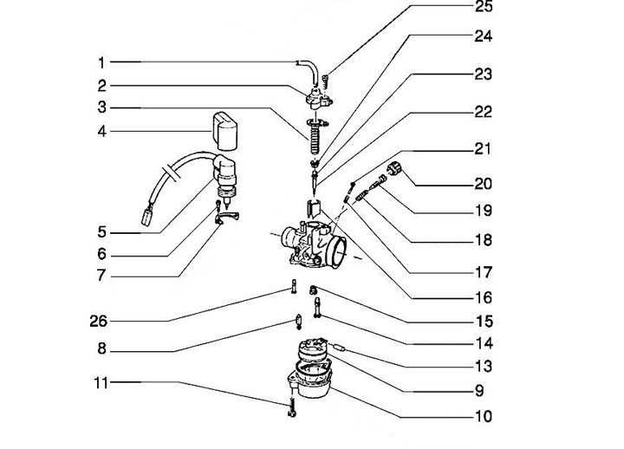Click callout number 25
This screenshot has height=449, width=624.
point(484,6)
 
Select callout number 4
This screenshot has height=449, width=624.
point(102,132)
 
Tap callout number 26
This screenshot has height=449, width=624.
point(98,321)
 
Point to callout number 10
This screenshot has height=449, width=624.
point(484,416)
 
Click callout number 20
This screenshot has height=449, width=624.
point(483,184)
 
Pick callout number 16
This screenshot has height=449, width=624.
point(484,297)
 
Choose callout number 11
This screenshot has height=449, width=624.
point(101,383)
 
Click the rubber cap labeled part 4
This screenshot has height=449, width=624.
point(225,131)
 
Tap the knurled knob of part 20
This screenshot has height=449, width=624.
point(394,169)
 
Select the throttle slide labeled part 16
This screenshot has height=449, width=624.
point(314,209)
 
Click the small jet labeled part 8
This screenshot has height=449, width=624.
point(297,322)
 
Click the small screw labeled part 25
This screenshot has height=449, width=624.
point(326,82)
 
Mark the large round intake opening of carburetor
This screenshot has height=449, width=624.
point(337,251)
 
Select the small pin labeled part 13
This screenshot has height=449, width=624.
point(339,348)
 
